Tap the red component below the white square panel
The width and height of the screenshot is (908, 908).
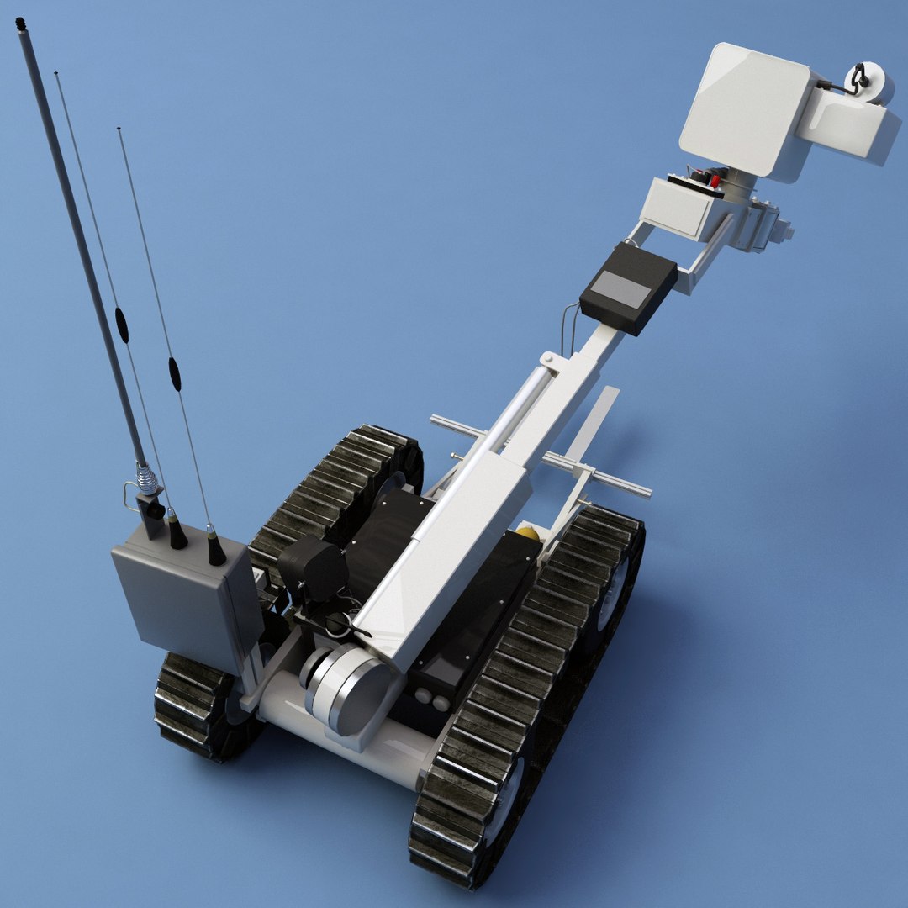tap(715, 180)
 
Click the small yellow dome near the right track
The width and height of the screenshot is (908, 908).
tap(527, 533)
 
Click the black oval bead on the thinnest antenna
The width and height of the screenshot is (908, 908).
tap(174, 374)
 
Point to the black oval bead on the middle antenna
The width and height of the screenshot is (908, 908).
tap(122, 325)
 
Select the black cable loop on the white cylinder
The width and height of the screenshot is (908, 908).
tap(857, 77)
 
